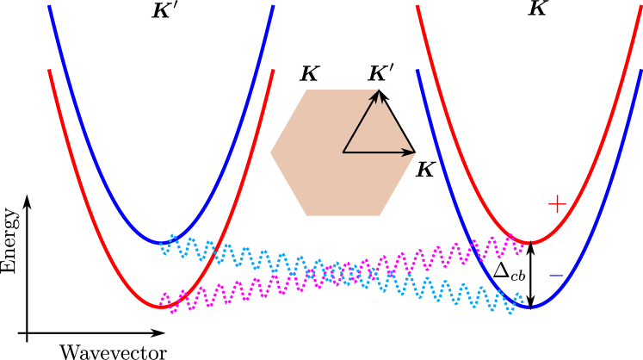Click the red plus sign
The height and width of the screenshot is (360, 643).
557,204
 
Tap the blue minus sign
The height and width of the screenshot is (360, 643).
556,276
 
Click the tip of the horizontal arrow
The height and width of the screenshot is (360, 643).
414,152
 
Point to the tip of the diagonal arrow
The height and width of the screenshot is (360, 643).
379,90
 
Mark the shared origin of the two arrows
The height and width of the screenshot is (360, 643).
343,152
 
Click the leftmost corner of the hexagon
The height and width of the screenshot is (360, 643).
270,152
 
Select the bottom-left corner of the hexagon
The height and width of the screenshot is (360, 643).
306,215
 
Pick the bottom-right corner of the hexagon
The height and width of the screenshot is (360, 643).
380,215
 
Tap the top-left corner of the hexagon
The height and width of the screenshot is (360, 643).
306,90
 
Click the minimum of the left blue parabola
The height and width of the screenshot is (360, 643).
161,243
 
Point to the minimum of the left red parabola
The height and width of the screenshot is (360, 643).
161,307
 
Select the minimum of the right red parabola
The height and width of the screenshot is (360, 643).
530,243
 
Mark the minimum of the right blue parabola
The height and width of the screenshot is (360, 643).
530,307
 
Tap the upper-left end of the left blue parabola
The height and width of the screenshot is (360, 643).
49,6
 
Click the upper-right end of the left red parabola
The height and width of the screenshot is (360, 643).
273,71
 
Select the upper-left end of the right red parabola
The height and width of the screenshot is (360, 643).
417,6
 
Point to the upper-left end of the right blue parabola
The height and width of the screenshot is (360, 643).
417,71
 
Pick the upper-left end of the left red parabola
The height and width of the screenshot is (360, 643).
49,71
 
